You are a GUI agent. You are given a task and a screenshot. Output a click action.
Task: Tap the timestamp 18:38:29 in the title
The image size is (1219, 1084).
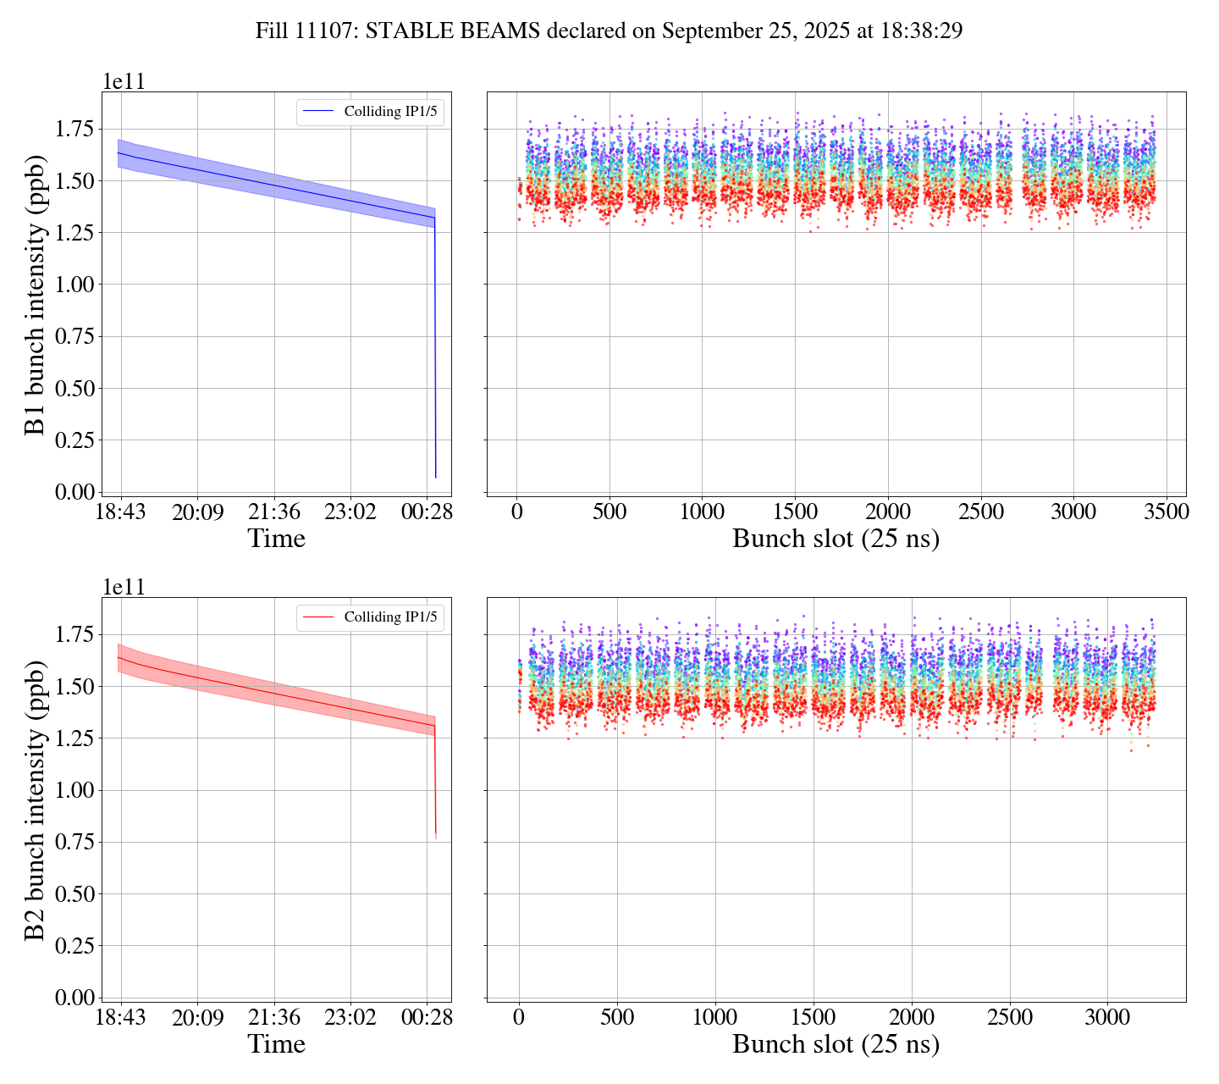point(918,31)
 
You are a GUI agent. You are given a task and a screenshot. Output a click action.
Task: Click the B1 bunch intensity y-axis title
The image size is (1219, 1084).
point(36,294)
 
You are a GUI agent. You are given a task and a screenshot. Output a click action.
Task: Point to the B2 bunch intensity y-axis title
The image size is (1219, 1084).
point(36,799)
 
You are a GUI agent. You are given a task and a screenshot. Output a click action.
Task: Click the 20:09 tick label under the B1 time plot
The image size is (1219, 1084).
point(197,512)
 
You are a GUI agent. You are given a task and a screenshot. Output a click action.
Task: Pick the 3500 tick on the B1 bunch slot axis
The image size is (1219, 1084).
point(1166,512)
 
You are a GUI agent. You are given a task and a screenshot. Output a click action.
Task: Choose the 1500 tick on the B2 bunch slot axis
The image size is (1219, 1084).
point(814,1018)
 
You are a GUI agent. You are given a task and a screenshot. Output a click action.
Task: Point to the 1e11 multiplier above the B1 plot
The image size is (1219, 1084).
point(124,82)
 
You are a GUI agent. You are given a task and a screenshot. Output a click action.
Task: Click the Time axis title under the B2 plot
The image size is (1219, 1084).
point(276,1044)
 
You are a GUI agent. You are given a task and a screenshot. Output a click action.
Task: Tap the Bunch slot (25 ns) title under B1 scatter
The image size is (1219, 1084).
point(836,539)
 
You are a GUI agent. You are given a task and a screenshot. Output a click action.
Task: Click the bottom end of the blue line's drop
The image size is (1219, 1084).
point(436,478)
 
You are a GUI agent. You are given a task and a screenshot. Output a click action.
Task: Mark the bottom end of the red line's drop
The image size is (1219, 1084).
point(436,834)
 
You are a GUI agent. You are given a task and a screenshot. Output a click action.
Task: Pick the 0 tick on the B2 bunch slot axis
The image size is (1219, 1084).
point(519,1018)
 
